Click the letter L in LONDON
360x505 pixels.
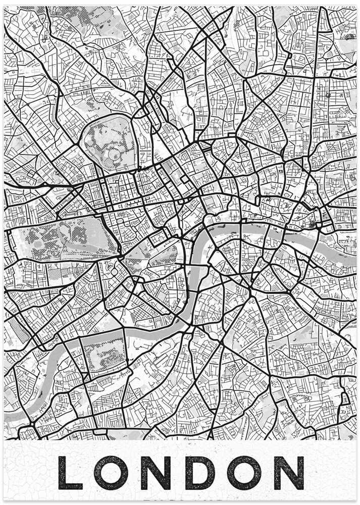tap(69, 473)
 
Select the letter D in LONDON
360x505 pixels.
tap(199, 473)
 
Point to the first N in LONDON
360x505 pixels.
tap(155, 473)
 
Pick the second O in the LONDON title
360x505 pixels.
tap(244, 473)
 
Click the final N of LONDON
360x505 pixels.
tap(289, 473)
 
